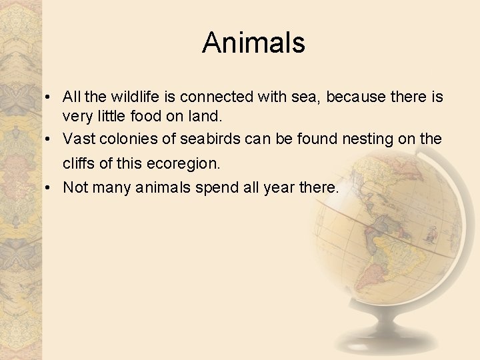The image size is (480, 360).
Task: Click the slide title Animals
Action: point(253,43)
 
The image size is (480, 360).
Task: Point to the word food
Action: point(146,117)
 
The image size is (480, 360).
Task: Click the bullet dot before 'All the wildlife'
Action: point(51,98)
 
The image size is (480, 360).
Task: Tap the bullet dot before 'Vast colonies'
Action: point(51,139)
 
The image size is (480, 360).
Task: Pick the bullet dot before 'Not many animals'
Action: point(51,188)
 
